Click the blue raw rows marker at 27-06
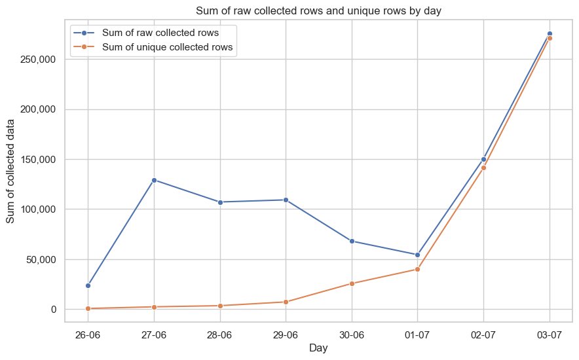[x=154, y=180]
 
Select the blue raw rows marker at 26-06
[x=88, y=285]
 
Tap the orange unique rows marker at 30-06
[x=352, y=283]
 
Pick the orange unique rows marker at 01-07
[x=417, y=269]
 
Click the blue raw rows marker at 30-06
[x=352, y=241]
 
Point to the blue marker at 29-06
[x=286, y=200]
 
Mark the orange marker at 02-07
[x=483, y=168]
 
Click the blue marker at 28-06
[x=220, y=202]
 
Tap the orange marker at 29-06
[x=286, y=302]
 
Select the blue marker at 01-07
[x=417, y=255]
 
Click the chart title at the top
[x=319, y=8]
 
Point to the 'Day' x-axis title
[x=319, y=349]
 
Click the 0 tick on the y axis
[x=55, y=309]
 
